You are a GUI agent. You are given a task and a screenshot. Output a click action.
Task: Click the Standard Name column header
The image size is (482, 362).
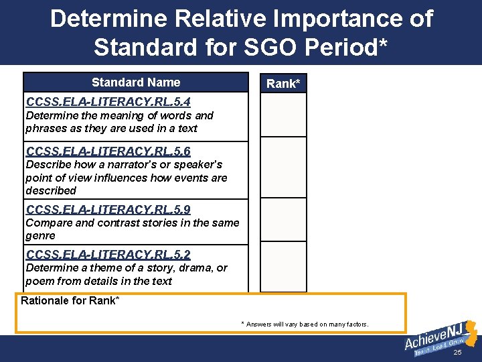[136, 82]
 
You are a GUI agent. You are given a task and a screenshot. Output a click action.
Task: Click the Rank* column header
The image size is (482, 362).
[283, 84]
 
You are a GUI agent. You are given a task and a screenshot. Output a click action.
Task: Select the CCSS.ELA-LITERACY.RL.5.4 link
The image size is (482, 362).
[108, 102]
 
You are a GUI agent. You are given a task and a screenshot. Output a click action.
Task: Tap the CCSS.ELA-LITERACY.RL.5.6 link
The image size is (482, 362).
[108, 152]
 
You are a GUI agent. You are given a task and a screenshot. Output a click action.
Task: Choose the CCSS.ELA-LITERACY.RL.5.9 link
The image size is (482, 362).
[108, 210]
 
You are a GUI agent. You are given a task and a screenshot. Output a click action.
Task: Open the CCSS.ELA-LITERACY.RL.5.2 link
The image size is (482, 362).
[108, 254]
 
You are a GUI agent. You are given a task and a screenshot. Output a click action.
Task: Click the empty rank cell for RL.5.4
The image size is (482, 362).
[283, 115]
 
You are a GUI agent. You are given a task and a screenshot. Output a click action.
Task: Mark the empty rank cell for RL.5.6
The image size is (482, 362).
[283, 167]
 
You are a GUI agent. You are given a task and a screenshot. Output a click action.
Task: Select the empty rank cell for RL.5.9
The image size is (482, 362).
[283, 219]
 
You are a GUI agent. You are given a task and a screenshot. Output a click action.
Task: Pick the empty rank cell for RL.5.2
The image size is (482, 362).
[283, 266]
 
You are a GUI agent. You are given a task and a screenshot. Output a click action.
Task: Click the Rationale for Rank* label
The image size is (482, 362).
[70, 300]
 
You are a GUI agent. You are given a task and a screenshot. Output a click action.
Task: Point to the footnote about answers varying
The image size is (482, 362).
[305, 324]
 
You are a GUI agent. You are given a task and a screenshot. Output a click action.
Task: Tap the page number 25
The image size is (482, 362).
[457, 353]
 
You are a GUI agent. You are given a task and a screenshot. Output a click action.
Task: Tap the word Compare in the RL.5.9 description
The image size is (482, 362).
[46, 223]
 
